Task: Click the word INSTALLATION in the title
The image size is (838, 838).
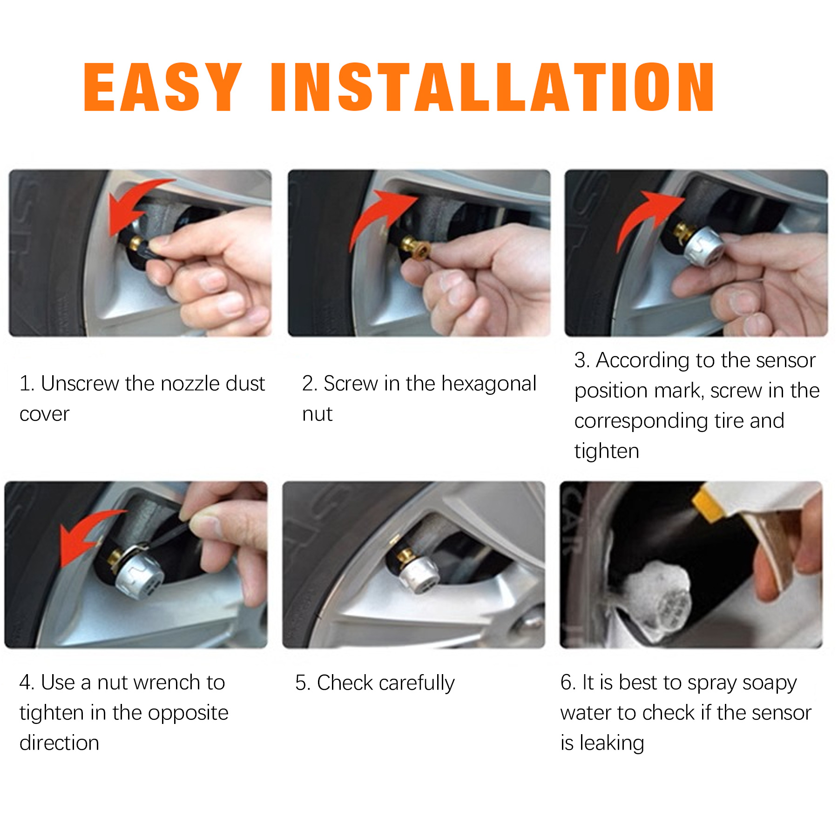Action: click(492, 87)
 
